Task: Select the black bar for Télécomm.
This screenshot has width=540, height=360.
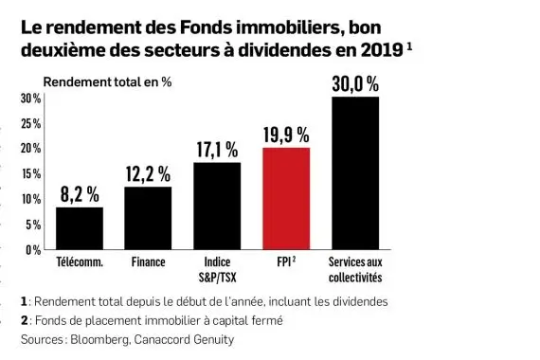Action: coord(80,228)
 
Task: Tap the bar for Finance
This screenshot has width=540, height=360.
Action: coord(148,218)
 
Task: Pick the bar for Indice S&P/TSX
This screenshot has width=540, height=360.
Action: coord(217,206)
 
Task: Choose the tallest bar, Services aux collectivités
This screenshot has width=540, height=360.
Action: coord(355,173)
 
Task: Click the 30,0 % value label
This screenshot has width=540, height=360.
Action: coord(355,84)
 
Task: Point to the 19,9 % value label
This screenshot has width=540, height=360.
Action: coord(286,135)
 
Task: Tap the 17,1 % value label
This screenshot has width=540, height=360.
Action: coord(217,150)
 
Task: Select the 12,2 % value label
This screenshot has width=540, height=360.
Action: coord(148,174)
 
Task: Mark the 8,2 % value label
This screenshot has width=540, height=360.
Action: coord(80,194)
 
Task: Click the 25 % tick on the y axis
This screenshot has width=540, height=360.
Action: coord(30,124)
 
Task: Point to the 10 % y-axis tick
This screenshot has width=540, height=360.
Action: coord(30,200)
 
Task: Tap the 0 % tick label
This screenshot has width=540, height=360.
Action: coord(32,250)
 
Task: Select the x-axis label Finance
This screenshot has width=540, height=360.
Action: coord(148,261)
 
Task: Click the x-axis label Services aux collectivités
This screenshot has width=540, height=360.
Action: coord(355,269)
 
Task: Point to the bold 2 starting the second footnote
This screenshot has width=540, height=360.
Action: coord(24,320)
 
